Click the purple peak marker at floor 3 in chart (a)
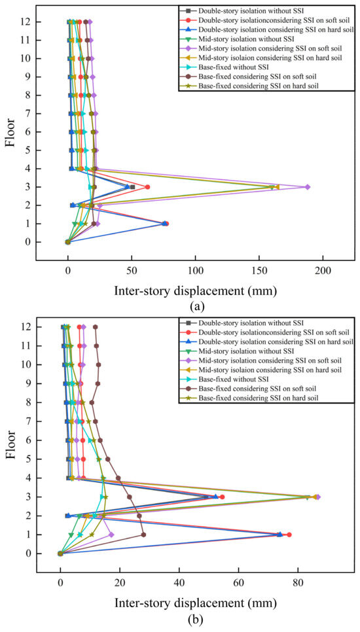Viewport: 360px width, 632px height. tap(307, 187)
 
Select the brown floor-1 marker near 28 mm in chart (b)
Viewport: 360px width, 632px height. tap(143, 535)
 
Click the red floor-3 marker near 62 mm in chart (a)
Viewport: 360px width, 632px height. tap(147, 187)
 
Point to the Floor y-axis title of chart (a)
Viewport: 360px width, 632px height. tap(10, 131)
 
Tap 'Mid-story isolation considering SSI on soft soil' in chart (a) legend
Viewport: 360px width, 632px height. tap(270, 48)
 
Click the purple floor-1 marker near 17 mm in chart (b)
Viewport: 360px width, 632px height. tap(111, 535)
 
